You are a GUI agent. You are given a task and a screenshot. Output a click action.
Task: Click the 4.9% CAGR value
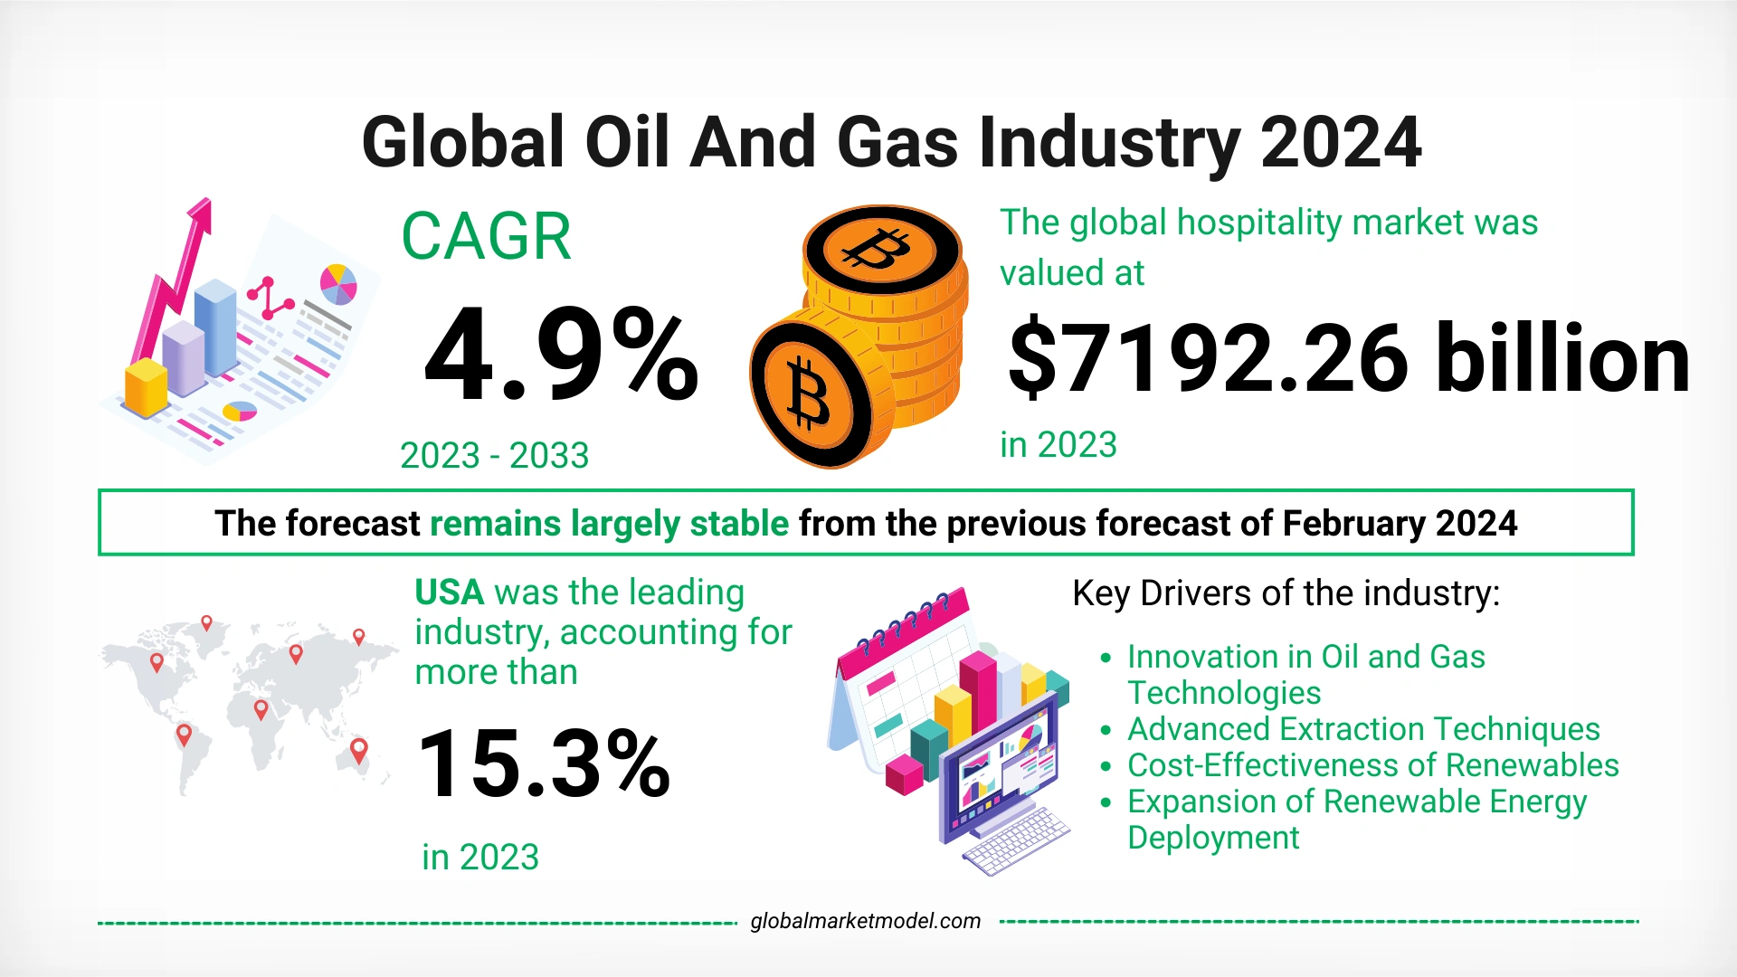(x=561, y=355)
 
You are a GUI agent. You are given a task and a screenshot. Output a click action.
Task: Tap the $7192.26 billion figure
(x=1348, y=360)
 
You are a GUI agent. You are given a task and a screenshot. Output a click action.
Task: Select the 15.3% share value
(x=543, y=764)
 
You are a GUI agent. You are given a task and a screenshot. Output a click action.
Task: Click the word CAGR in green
(x=486, y=237)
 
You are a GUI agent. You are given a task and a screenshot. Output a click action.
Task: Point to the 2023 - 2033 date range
(x=494, y=455)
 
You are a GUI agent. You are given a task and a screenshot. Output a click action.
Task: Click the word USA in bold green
(x=450, y=593)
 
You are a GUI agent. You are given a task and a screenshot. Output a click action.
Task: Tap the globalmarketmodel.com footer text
(x=865, y=921)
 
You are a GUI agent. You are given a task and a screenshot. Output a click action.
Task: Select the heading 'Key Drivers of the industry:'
(x=1286, y=593)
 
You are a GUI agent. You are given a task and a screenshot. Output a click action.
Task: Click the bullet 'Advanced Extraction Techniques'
(x=1363, y=729)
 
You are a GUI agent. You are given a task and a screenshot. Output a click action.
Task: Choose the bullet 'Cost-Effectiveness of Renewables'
(x=1372, y=765)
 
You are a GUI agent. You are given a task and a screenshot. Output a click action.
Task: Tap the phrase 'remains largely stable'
(x=609, y=524)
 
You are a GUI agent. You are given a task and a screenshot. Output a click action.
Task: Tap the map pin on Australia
(x=359, y=749)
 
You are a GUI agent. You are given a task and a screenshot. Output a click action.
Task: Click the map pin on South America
(x=184, y=734)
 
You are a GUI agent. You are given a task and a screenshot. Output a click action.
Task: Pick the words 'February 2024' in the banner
(x=1399, y=524)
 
